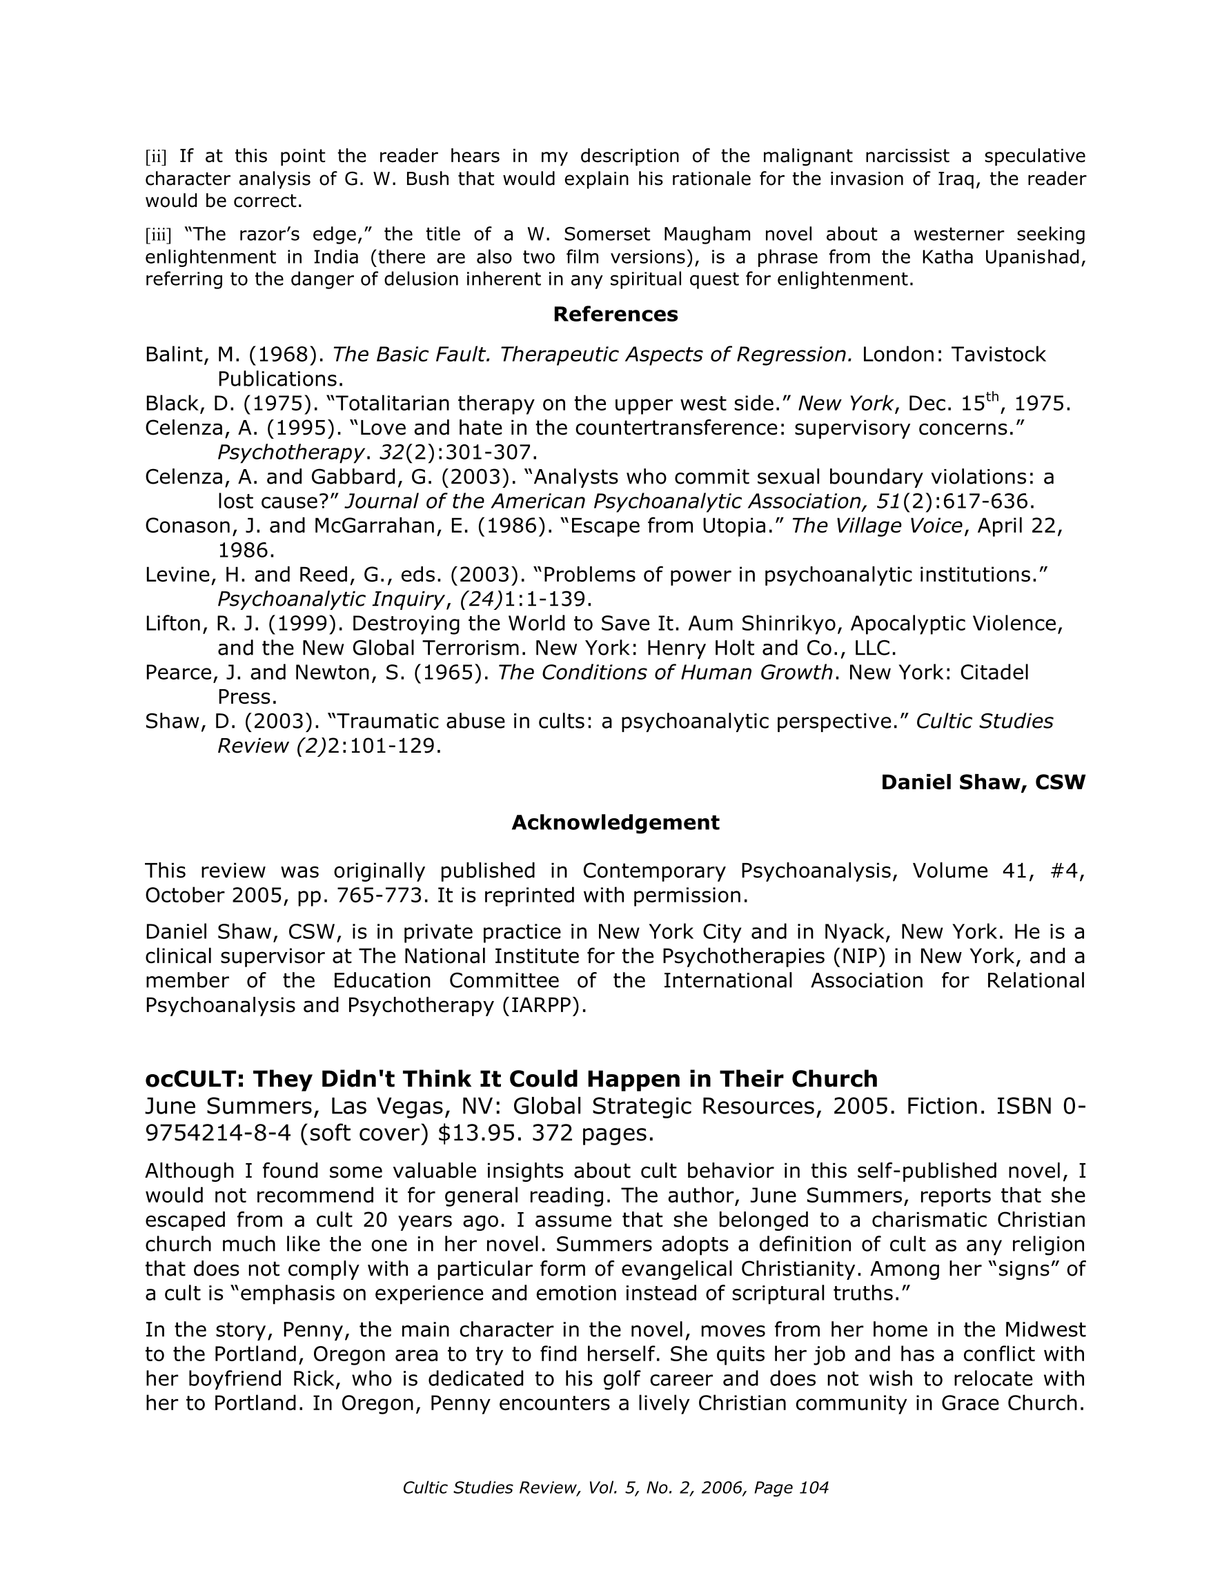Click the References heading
pos(615,315)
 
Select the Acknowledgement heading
pos(615,823)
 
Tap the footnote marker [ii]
pos(156,157)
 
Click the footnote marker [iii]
pos(158,235)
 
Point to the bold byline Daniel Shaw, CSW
pos(983,782)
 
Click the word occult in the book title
pos(190,1079)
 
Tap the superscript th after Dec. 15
pos(992,397)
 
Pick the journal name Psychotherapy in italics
pos(290,453)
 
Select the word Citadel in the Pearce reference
pos(994,673)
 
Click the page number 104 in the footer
pos(814,1488)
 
